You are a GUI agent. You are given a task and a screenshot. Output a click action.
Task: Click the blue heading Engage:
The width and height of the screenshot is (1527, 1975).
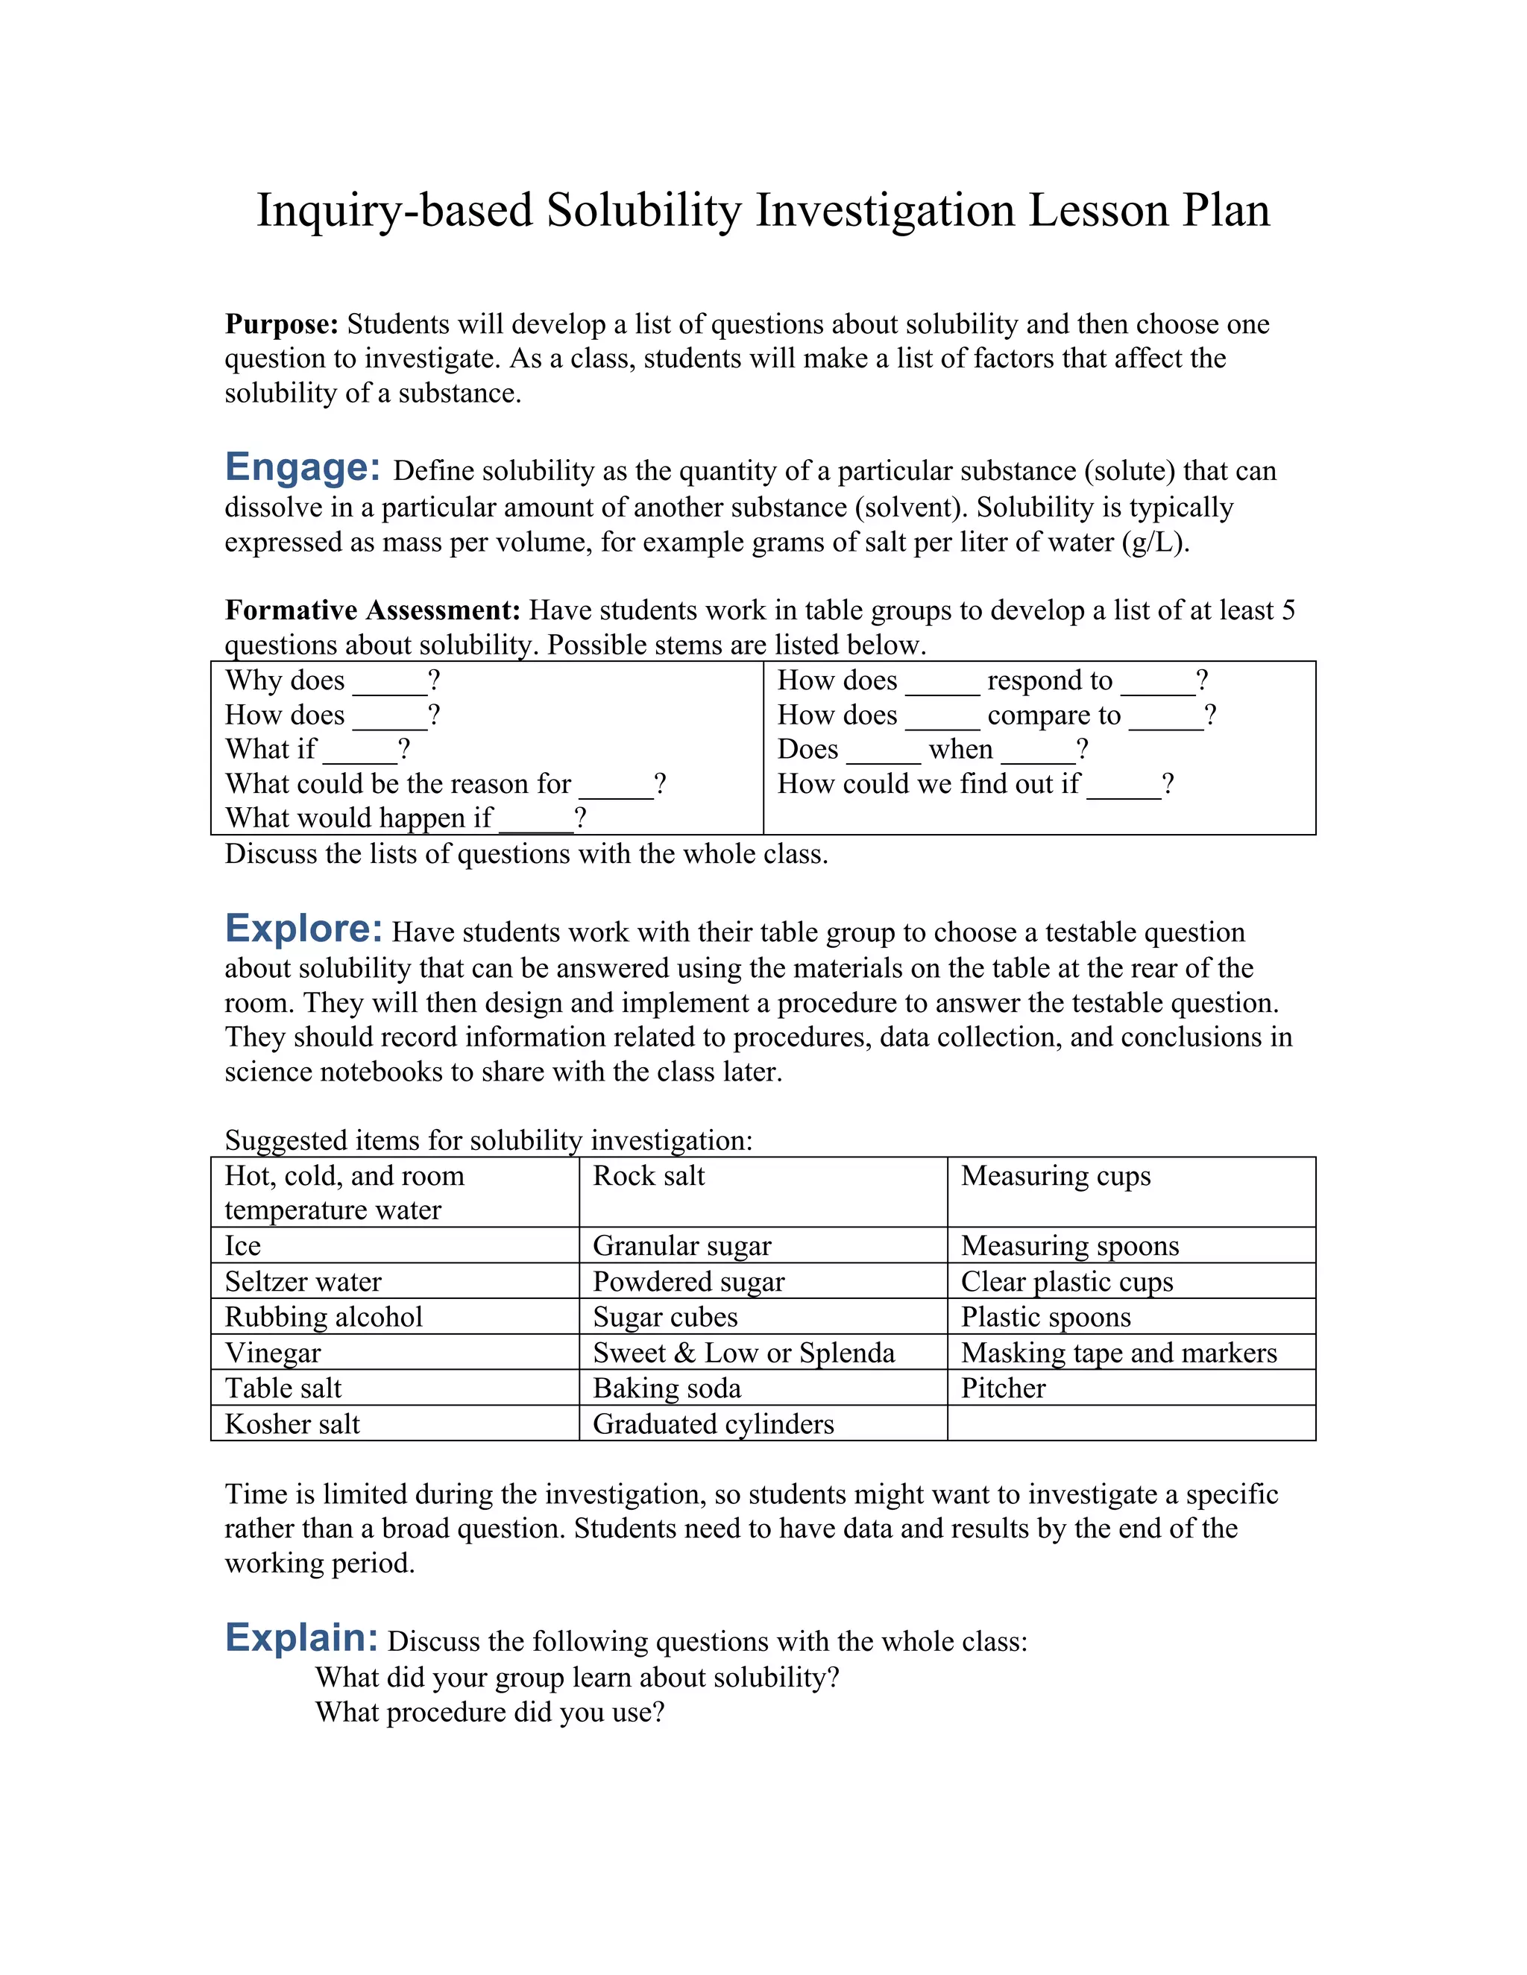pyautogui.click(x=302, y=467)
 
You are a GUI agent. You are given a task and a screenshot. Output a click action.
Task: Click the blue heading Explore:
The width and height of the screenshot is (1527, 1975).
pyautogui.click(x=304, y=929)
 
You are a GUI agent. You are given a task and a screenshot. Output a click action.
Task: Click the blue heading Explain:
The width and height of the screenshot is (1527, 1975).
pyautogui.click(x=301, y=1637)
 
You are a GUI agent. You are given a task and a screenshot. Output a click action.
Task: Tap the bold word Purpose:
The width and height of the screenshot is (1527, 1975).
pyautogui.click(x=281, y=323)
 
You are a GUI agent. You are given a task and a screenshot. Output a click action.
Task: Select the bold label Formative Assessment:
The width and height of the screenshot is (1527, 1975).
pyautogui.click(x=373, y=610)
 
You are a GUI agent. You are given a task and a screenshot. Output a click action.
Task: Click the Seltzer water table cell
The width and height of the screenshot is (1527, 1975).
pyautogui.click(x=303, y=1281)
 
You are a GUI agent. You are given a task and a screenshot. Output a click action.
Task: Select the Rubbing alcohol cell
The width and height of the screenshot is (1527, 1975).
pyautogui.click(x=323, y=1317)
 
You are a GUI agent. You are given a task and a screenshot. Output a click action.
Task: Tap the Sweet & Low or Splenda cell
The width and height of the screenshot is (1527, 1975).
pyautogui.click(x=743, y=1353)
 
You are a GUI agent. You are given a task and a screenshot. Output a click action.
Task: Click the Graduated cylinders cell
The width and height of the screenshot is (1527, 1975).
pyautogui.click(x=713, y=1424)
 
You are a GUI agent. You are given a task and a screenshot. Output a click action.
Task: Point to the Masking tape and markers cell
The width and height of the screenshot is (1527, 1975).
pyautogui.click(x=1118, y=1353)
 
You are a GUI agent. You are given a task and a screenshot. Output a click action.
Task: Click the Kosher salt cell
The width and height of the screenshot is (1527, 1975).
pyautogui.click(x=292, y=1424)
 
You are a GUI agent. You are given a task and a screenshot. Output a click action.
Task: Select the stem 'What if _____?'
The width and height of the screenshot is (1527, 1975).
pyautogui.click(x=318, y=750)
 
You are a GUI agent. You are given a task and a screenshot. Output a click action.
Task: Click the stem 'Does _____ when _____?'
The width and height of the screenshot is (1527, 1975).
pyautogui.click(x=932, y=750)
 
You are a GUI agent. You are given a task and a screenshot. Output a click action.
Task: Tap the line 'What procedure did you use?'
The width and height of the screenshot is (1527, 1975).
pyautogui.click(x=489, y=1712)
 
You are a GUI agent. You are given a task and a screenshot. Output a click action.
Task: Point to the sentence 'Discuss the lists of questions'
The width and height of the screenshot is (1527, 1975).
pyautogui.click(x=526, y=853)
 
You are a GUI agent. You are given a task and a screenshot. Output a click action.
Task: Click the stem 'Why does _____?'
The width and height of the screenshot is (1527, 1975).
pyautogui.click(x=332, y=680)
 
